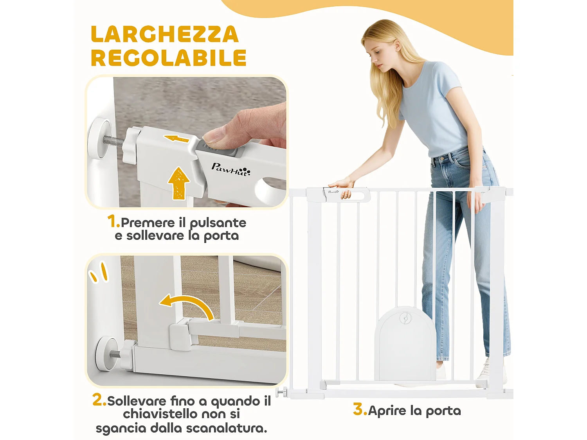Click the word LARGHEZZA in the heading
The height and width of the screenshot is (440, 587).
click(x=164, y=34)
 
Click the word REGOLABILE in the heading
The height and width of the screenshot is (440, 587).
click(x=168, y=58)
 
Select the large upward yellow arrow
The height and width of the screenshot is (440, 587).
click(x=179, y=183)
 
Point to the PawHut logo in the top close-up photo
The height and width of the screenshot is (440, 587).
click(x=230, y=169)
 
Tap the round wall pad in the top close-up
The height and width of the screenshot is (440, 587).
click(x=99, y=138)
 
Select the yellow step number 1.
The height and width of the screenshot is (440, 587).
click(x=113, y=221)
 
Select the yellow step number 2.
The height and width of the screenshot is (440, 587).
click(x=99, y=400)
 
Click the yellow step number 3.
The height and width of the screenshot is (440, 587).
click(x=359, y=409)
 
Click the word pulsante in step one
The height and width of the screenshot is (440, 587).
click(x=218, y=223)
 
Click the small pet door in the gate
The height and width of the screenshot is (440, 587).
click(x=405, y=344)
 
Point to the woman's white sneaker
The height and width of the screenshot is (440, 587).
click(x=484, y=372)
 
